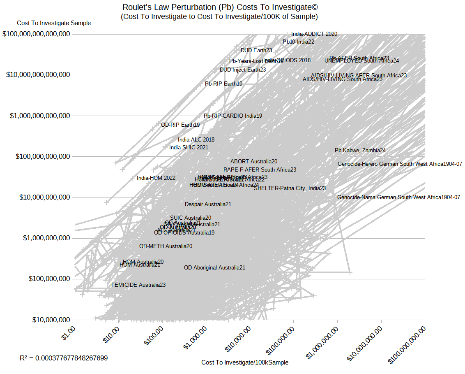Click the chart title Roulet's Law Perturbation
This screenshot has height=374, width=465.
coord(220,7)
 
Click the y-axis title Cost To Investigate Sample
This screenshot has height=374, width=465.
coord(54,23)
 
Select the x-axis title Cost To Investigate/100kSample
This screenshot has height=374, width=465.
coord(245,362)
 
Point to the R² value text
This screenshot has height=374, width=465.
coord(64,358)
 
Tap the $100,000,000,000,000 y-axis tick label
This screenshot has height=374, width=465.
coord(36,34)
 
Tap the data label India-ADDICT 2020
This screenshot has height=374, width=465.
coord(314,34)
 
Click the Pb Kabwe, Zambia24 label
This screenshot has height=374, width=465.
coord(360,151)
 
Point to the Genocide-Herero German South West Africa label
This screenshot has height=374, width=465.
coord(400,164)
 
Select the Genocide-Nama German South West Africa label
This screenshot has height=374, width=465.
coord(398,197)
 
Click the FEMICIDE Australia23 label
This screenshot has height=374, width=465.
coord(138,285)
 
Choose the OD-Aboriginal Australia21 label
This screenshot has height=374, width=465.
coord(214,268)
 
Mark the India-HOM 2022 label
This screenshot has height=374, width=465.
coord(156,178)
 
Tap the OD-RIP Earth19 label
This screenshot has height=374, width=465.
coord(180,125)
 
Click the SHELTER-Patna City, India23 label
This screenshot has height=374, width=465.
coord(290,188)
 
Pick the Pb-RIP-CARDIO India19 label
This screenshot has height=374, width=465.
coord(233,116)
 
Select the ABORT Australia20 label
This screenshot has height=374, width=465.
coord(254,162)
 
